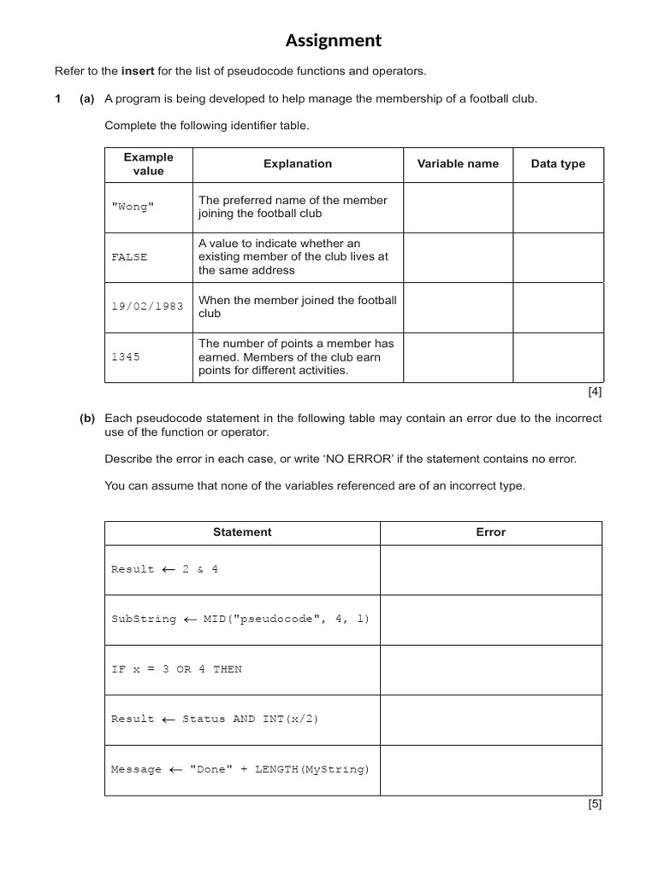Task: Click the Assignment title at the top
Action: (334, 40)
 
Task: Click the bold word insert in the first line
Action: (138, 71)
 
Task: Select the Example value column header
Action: (148, 164)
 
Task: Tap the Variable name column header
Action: (458, 164)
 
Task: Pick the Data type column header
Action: (558, 164)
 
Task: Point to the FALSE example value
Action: (129, 257)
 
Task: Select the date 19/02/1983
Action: (147, 306)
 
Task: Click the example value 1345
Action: (125, 356)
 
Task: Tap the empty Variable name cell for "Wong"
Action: (458, 208)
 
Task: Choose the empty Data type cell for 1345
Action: (558, 356)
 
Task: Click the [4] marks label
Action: (595, 392)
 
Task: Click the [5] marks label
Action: (595, 804)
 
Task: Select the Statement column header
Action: (242, 532)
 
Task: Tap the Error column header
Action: (491, 532)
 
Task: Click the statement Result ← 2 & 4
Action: (164, 569)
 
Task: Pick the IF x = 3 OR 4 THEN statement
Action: (176, 669)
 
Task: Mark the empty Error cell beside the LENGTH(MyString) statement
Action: (491, 769)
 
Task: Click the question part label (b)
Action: (86, 419)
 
